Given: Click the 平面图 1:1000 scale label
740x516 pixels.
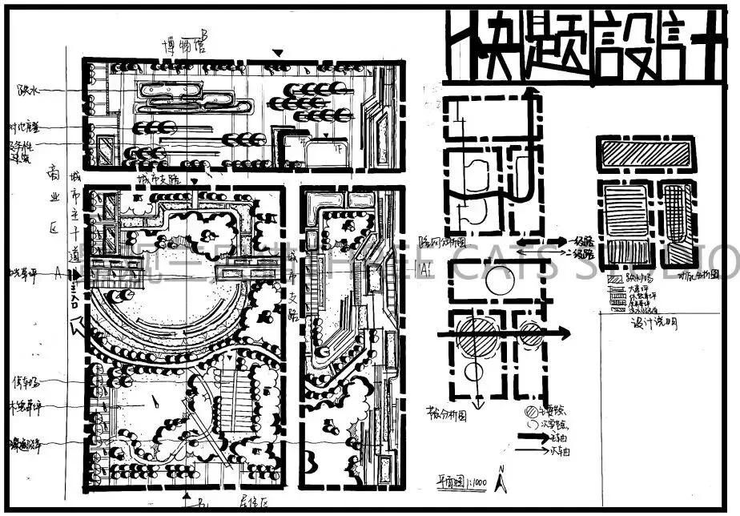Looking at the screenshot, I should click(458, 481).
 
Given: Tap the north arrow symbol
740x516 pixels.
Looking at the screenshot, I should click(501, 479).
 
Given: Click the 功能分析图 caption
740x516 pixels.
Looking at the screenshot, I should click(697, 274).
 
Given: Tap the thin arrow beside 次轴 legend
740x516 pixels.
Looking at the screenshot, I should click(535, 451).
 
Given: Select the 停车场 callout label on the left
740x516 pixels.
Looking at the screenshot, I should click(23, 380).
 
